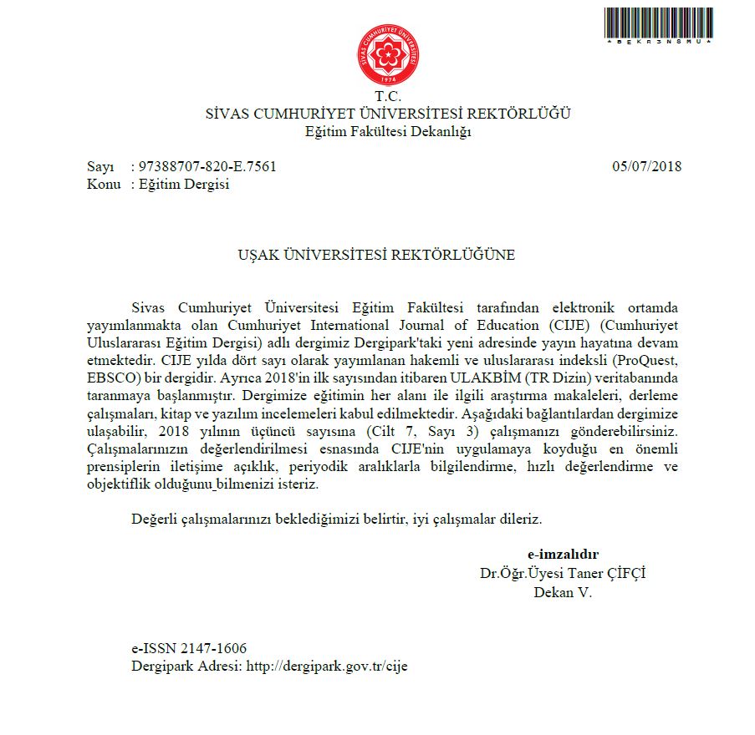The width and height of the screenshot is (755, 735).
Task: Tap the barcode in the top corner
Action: [x=658, y=26]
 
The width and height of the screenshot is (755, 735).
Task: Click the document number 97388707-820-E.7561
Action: [x=207, y=166]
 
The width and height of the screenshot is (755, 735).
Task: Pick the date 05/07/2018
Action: [x=646, y=166]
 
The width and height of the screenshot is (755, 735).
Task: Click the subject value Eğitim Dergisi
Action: [x=184, y=185]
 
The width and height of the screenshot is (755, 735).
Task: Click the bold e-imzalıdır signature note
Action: [x=563, y=554]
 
